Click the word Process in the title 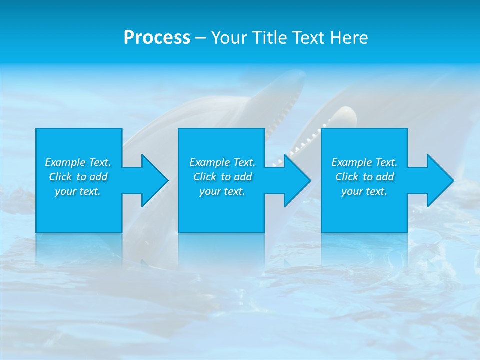[157, 38]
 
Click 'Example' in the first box [65, 162]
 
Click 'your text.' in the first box [78, 191]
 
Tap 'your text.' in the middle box [222, 191]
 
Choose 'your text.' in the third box [364, 191]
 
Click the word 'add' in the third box [385, 177]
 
